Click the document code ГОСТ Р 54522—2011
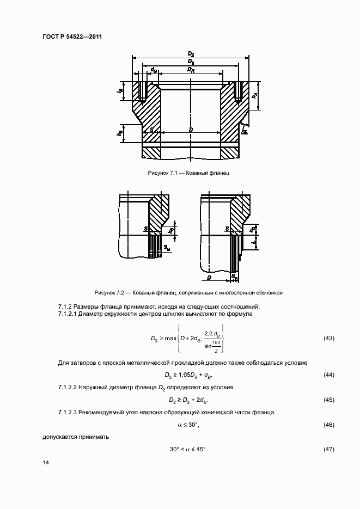pyautogui.click(x=72, y=37)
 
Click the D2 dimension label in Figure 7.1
pyautogui.click(x=191, y=54)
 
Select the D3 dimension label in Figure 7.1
pyautogui.click(x=191, y=62)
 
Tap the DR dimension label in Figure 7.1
pyautogui.click(x=191, y=70)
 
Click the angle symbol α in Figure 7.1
pyautogui.click(x=245, y=132)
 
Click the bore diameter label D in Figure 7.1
pyautogui.click(x=191, y=130)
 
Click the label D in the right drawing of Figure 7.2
pyautogui.click(x=210, y=278)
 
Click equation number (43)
pyautogui.click(x=328, y=339)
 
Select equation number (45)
pyautogui.click(x=328, y=400)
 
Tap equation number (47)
pyautogui.click(x=328, y=449)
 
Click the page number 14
pyautogui.click(x=45, y=463)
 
